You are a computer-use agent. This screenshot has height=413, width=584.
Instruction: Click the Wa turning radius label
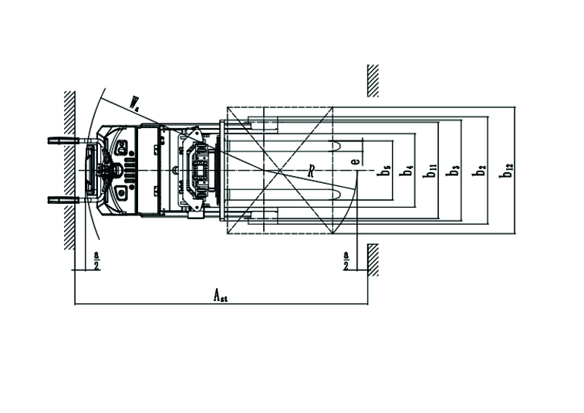coord(134,103)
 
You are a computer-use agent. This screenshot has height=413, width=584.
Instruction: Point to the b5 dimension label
coord(383,171)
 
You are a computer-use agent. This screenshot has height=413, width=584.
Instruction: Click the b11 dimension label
coord(431,171)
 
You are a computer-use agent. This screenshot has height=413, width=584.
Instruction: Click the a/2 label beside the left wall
coord(96,259)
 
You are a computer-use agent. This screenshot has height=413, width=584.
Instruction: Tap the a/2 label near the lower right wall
coord(346,259)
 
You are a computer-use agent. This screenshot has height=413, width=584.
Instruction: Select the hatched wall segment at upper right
coord(373,80)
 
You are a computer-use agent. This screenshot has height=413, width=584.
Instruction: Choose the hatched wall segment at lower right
coord(373,259)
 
